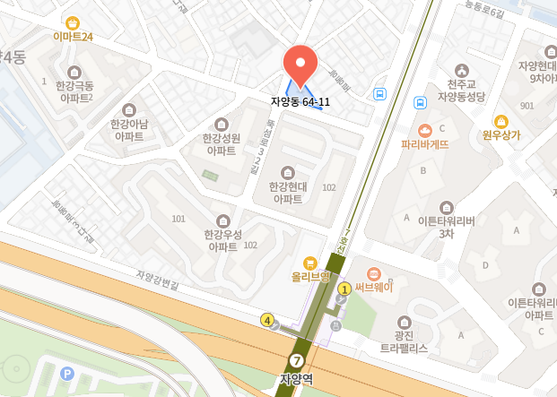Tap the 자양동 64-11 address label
[x=300, y=102]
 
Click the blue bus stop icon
[x=380, y=93]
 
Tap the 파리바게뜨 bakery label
[x=424, y=142]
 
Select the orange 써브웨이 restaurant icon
[x=374, y=272]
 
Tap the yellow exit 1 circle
[x=344, y=289]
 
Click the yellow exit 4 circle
[x=266, y=320]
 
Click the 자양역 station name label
[x=297, y=380]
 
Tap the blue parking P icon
[x=65, y=373]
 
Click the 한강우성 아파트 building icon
[x=222, y=220]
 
